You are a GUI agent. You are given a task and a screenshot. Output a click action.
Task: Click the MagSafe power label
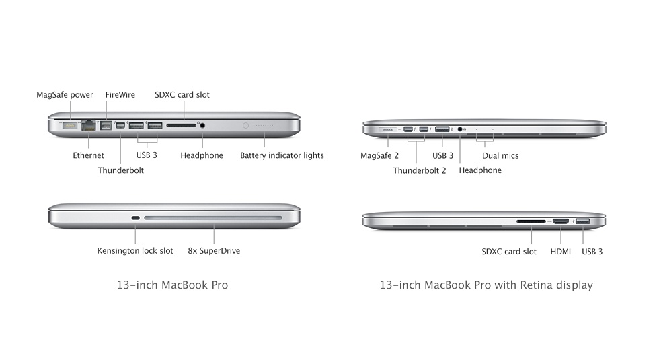[x=65, y=95]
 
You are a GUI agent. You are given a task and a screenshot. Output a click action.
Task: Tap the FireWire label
[x=120, y=95]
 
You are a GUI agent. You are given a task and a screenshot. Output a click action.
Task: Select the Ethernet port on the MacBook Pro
[x=88, y=125]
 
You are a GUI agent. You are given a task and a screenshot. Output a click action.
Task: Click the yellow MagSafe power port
[x=70, y=125]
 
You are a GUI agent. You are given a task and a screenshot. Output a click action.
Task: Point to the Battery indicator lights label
[x=282, y=155]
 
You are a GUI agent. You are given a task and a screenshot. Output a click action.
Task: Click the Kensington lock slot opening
[x=135, y=218]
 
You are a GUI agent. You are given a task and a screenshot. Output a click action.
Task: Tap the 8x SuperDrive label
[x=214, y=250]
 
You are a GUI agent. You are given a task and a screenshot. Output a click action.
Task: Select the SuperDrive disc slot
[x=213, y=218]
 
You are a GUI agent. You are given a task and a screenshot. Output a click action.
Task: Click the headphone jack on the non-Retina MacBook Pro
[x=202, y=125]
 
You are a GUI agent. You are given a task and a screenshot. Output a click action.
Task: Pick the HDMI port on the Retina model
[x=561, y=221]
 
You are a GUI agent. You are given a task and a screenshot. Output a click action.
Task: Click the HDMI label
[x=561, y=252]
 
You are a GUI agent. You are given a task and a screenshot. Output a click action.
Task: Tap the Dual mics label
[x=500, y=155]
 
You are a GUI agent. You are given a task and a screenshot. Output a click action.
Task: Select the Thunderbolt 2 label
[x=420, y=170]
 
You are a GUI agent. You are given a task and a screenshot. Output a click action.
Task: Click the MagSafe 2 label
[x=379, y=155]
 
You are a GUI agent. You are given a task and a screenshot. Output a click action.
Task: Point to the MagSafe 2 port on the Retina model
[x=387, y=129]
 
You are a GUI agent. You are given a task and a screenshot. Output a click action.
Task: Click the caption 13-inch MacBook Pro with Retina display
[x=486, y=285]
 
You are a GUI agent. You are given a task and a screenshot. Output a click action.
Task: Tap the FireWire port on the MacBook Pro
[x=106, y=125]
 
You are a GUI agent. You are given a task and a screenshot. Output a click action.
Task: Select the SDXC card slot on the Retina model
[x=531, y=221]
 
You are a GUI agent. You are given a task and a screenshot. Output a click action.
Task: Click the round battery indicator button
[x=246, y=125]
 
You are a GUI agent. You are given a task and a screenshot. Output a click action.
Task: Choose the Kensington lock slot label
[x=135, y=250]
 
